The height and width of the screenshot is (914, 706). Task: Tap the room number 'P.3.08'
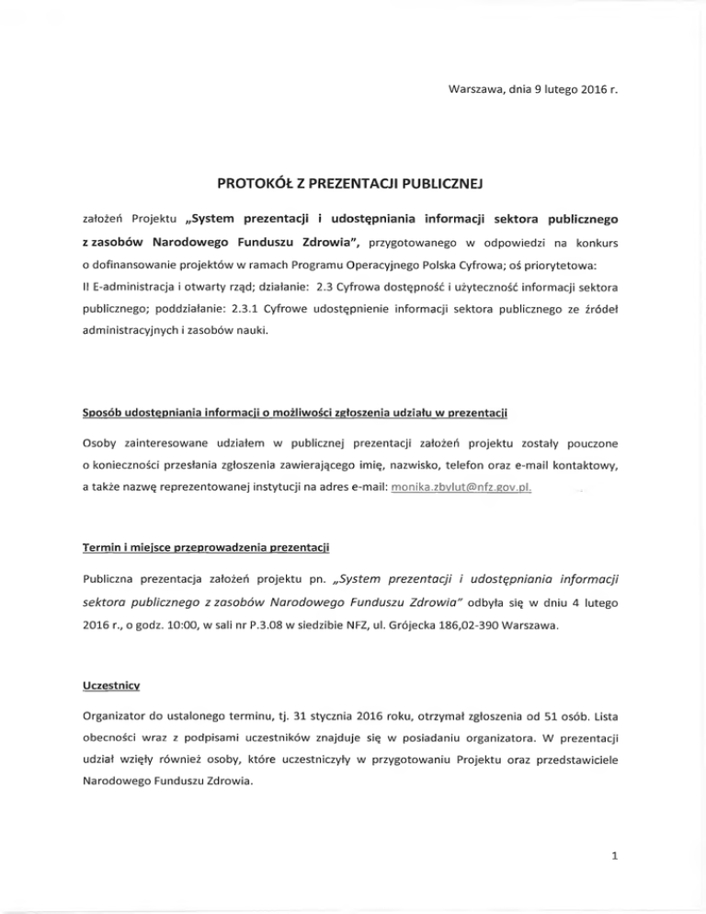[297, 628]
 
